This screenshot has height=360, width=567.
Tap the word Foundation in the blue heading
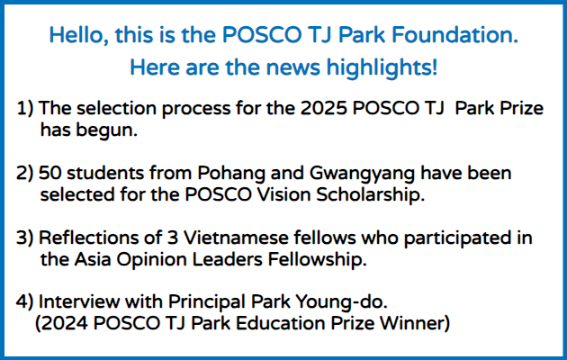(x=454, y=35)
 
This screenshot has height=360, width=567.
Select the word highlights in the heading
(x=382, y=67)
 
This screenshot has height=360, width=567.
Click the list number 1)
(x=25, y=108)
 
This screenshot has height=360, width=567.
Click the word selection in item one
(x=118, y=108)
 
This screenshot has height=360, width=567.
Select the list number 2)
(x=25, y=173)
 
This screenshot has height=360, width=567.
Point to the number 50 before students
(x=49, y=173)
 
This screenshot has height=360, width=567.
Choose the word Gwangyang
(x=362, y=173)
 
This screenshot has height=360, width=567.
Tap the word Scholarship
(x=370, y=194)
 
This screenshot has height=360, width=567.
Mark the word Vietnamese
(x=236, y=238)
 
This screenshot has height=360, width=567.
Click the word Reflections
(x=100, y=238)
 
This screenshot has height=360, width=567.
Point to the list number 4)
(x=25, y=301)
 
